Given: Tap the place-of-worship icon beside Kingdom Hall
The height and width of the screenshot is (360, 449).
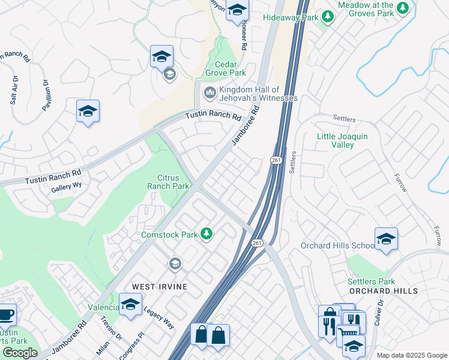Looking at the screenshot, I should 209,92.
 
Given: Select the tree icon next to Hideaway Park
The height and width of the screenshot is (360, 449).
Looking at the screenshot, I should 327,17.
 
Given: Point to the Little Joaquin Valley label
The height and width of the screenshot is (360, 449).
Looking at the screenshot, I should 343,140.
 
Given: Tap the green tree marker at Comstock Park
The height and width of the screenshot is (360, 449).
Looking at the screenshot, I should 206,233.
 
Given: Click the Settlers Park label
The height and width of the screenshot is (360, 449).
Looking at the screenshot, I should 370,281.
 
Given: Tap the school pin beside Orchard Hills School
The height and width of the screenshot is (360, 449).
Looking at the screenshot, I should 386,239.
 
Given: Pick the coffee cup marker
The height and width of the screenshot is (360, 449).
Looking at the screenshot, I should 5,314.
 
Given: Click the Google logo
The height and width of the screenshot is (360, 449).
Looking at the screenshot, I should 20,353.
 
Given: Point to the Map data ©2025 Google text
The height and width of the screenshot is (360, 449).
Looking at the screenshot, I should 411,355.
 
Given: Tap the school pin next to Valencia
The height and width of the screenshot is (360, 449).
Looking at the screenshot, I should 130,304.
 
